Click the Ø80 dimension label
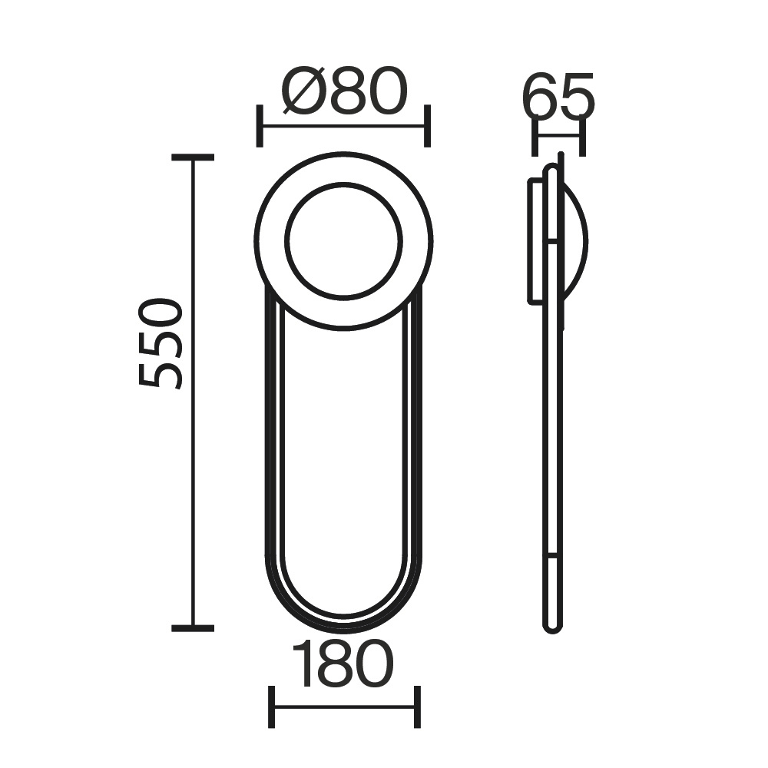point(345,91)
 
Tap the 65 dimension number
point(558,97)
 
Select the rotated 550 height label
point(161,343)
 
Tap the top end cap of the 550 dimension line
point(193,157)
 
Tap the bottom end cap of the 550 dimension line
point(193,628)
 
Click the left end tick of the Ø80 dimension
point(260,126)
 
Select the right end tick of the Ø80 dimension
point(427,126)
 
